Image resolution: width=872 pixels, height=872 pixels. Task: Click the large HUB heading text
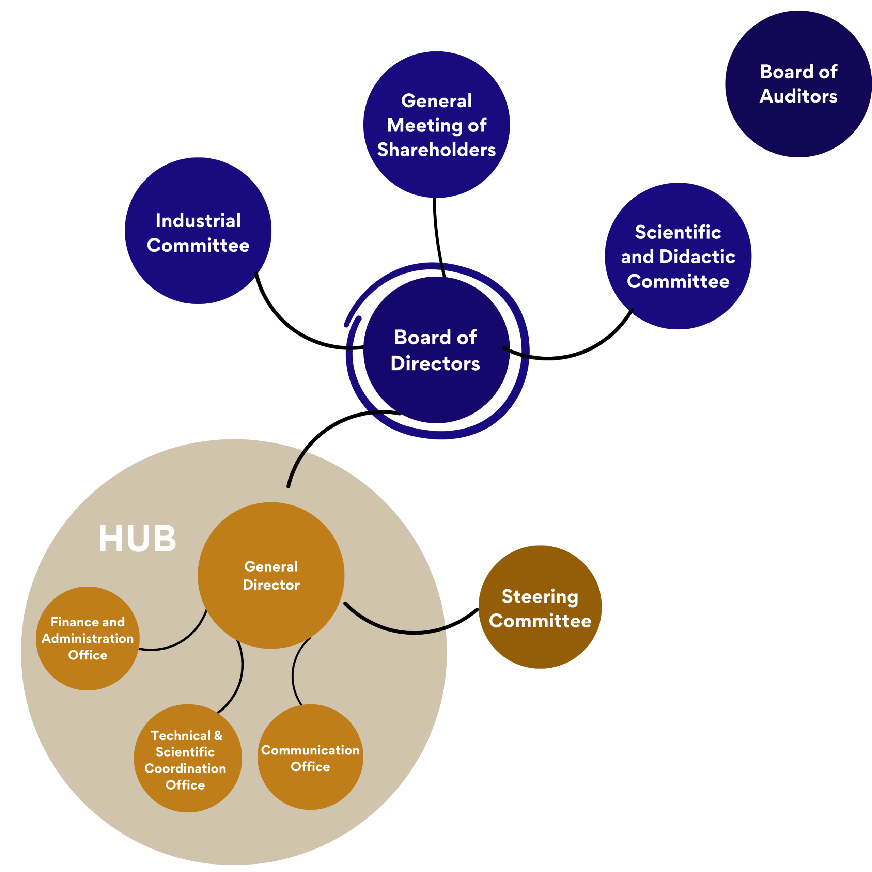137,539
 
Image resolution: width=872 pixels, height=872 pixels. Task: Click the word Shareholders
436,150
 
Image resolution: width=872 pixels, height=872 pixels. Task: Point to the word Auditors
798,96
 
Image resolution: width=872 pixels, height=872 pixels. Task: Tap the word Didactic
697,256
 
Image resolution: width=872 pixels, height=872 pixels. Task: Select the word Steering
540,597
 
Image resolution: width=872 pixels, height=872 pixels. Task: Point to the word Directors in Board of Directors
435,363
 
